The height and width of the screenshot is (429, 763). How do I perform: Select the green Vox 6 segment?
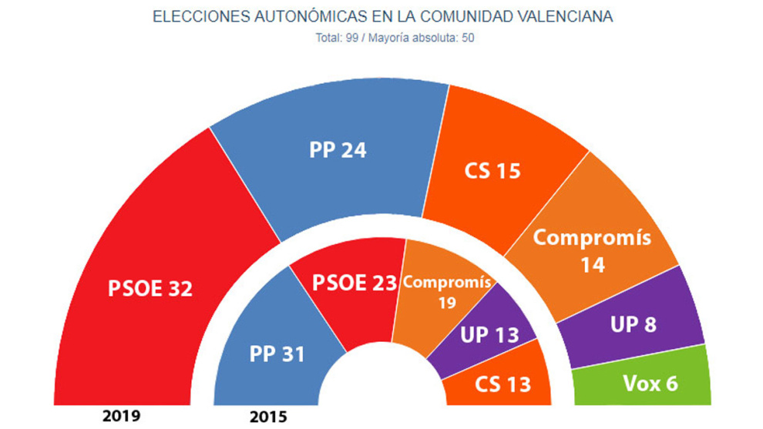[649, 381]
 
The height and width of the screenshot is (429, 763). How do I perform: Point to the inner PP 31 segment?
[276, 354]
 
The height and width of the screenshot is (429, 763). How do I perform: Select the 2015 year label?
[268, 417]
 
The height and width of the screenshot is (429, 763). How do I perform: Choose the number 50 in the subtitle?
[466, 38]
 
